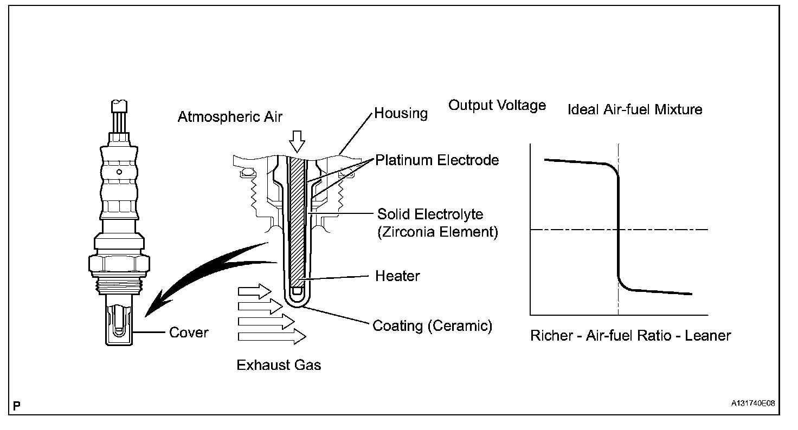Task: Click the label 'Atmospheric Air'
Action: click(230, 116)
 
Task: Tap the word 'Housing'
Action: click(401, 114)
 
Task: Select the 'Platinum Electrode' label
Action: click(437, 160)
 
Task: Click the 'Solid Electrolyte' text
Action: click(430, 214)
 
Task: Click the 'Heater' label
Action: click(397, 276)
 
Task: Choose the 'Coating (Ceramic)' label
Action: click(432, 326)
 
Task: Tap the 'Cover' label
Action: click(189, 332)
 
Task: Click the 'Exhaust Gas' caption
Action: click(279, 365)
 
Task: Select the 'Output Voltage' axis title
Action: click(497, 105)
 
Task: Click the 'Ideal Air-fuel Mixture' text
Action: click(634, 109)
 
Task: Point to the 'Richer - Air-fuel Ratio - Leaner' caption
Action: click(630, 336)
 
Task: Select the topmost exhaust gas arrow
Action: click(255, 291)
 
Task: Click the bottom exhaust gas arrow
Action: click(272, 337)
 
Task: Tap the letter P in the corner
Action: click(17, 405)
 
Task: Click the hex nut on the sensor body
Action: click(118, 264)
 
